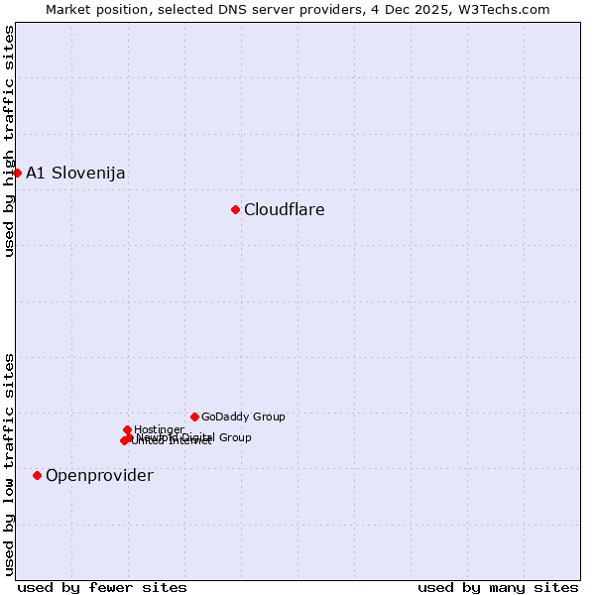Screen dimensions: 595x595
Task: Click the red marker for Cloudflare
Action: (x=235, y=209)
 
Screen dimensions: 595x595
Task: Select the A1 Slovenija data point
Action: (x=17, y=173)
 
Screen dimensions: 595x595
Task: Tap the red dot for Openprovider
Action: (x=37, y=475)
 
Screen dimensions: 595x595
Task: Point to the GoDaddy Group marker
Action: (x=194, y=416)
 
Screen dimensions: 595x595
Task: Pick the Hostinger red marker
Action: (x=127, y=429)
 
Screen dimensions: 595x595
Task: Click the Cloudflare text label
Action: (x=285, y=209)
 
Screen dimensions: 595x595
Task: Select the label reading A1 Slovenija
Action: (x=75, y=173)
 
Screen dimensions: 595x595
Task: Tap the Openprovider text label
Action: (x=99, y=475)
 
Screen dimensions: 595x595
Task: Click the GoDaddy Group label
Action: (x=243, y=416)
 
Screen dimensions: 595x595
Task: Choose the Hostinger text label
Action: (x=159, y=429)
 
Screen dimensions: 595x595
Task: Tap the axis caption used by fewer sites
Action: (x=102, y=587)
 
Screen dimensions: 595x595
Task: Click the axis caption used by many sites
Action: (x=498, y=587)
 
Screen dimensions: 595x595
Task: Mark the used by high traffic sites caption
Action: (x=9, y=141)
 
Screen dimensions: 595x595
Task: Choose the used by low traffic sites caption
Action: (x=9, y=462)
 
